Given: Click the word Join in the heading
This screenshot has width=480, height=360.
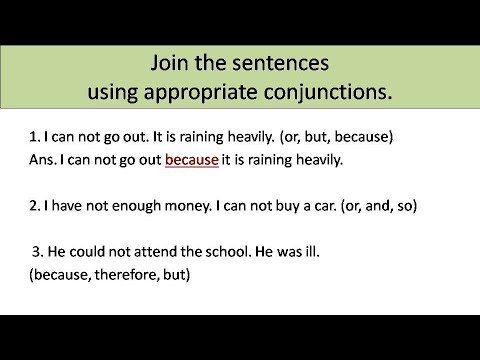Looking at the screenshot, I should (x=170, y=64).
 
